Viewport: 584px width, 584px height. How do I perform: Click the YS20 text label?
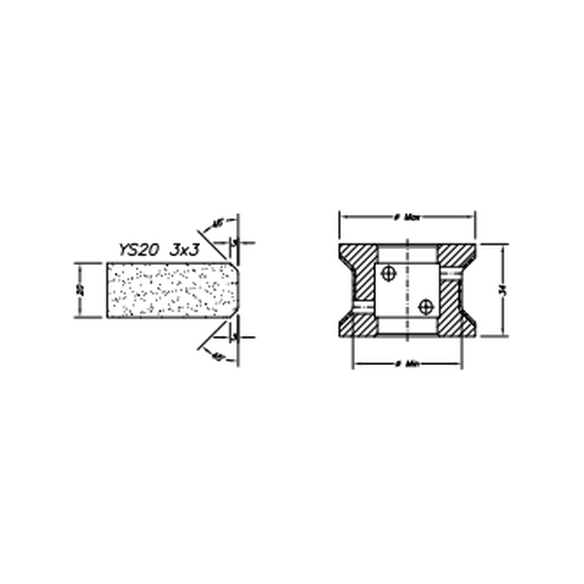point(138,249)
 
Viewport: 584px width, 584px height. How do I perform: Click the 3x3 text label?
point(184,249)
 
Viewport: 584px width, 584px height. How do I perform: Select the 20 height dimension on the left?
point(80,290)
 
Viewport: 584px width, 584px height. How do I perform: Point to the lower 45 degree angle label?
point(217,357)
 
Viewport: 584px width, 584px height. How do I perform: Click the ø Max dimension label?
point(408,217)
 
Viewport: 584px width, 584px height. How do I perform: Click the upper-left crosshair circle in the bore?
point(389,273)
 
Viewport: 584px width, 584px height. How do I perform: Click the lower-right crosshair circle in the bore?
point(425,307)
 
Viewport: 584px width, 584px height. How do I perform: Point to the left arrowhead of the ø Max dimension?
point(343,217)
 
